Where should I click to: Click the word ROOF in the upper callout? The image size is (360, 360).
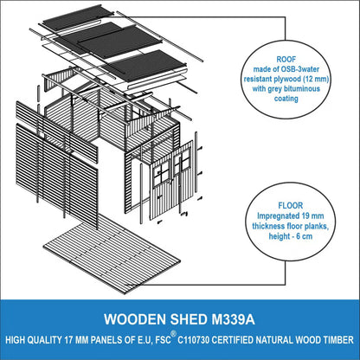286,60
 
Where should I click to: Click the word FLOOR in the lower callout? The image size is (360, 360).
291,206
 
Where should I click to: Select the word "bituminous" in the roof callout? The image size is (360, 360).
302,88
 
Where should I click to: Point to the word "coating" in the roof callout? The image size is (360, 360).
286,99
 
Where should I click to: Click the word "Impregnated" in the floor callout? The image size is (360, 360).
276,216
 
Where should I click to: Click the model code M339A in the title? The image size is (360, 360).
233,319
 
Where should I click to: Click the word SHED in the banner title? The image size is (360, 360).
189,319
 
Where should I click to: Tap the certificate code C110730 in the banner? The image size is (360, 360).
193,340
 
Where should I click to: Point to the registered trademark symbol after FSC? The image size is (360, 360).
173,334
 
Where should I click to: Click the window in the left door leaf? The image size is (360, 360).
161,173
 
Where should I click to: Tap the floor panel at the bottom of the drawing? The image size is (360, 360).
112,254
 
